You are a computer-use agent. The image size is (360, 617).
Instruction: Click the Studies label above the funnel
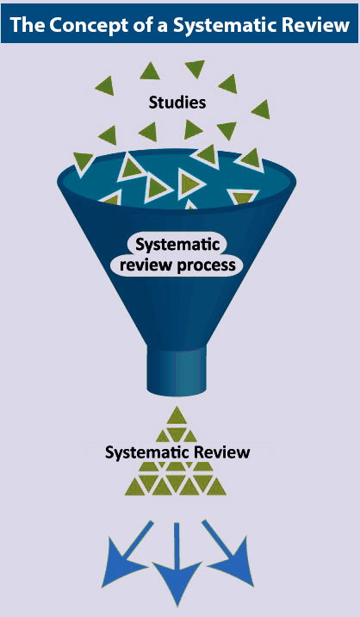click(177, 103)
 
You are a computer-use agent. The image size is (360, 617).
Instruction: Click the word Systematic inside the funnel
click(177, 245)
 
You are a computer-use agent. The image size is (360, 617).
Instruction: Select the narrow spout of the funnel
click(177, 370)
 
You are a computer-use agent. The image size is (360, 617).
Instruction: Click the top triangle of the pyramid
click(177, 416)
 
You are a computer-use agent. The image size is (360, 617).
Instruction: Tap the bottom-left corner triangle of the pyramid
click(135, 487)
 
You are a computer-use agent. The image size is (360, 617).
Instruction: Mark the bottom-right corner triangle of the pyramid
click(216, 487)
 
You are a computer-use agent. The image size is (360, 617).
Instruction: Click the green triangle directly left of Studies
click(105, 85)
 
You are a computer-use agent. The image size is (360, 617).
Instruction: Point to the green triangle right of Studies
click(261, 109)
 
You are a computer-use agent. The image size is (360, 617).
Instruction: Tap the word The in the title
click(28, 25)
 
